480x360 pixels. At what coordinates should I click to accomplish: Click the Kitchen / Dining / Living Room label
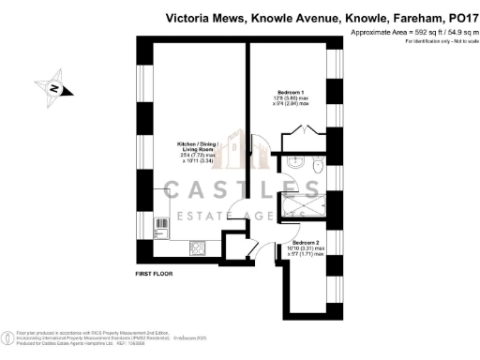pyautogui.click(x=198, y=150)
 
